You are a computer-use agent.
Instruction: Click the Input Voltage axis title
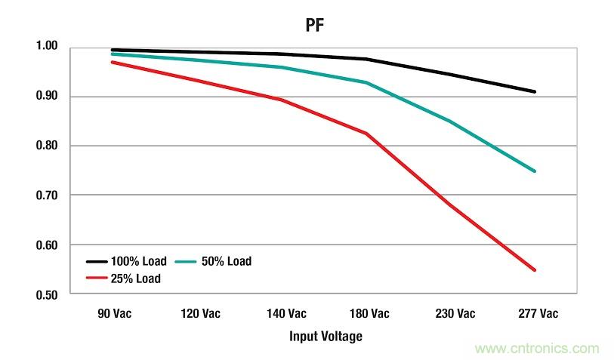point(326,336)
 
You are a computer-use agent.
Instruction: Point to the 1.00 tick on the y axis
point(48,47)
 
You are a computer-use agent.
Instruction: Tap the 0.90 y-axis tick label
point(48,97)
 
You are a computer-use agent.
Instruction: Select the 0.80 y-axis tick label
point(48,146)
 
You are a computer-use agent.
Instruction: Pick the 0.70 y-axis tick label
point(48,195)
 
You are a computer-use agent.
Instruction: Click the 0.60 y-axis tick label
point(48,245)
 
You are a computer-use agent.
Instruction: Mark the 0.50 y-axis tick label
point(48,294)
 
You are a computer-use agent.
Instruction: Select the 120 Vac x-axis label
point(199,313)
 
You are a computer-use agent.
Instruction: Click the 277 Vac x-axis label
point(535,313)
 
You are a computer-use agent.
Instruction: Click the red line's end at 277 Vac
point(535,269)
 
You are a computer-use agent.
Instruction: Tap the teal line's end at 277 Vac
point(535,171)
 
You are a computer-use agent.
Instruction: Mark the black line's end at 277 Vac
point(535,91)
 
